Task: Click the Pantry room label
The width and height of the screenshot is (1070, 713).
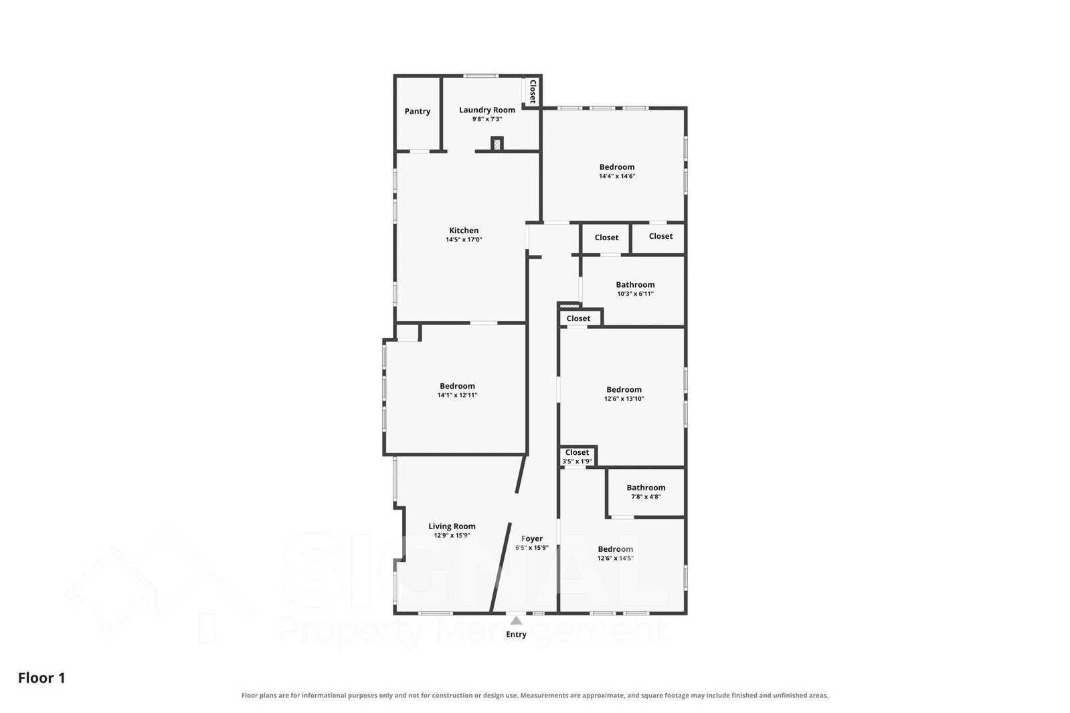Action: point(418,111)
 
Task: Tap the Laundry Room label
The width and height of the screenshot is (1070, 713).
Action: point(487,110)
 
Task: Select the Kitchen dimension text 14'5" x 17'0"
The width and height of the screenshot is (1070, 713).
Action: point(464,239)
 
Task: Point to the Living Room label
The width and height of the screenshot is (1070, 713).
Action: point(452,526)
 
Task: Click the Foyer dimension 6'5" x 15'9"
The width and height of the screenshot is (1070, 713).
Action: point(532,548)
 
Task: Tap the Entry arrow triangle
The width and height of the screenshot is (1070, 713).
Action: point(516,620)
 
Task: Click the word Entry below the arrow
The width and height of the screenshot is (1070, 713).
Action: point(516,634)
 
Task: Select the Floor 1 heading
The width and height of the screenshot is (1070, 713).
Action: point(41,678)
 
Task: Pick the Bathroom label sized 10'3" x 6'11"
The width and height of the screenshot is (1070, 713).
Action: point(635,285)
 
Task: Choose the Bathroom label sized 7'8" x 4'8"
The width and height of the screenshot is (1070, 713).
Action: point(646,488)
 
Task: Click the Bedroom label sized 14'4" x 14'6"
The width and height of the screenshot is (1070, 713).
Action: point(617,167)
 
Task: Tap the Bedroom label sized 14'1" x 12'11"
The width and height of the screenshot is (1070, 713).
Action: point(457,386)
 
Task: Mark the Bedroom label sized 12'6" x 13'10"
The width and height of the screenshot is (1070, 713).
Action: point(624,390)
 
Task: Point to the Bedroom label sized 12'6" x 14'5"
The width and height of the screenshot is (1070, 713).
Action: point(615,549)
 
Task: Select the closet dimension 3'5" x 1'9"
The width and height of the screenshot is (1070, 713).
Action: point(577,462)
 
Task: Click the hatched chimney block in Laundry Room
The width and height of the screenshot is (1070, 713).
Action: point(497,144)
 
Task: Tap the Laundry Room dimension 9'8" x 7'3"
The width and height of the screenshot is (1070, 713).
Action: point(487,119)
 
